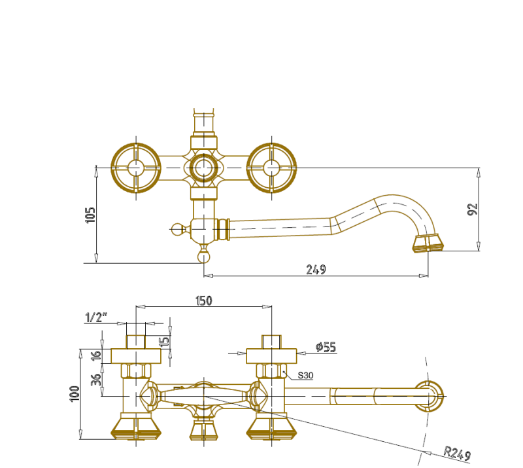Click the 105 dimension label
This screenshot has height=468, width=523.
click(90, 215)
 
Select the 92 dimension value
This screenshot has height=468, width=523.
click(473, 209)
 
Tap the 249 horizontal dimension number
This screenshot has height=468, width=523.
click(316, 270)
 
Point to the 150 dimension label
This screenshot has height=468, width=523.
click(203, 300)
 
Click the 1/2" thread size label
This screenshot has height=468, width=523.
click(96, 317)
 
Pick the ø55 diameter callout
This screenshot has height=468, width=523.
click(326, 347)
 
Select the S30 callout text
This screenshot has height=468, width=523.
click(305, 376)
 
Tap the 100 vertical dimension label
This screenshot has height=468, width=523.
click(75, 394)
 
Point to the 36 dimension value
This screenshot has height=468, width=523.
click(96, 380)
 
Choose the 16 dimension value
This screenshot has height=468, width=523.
click(96, 355)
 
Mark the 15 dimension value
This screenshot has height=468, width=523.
click(164, 342)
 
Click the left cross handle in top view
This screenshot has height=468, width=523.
click(136, 168)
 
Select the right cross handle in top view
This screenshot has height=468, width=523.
click(271, 168)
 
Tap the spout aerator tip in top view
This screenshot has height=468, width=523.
click(428, 243)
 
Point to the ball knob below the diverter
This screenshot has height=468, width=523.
click(203, 257)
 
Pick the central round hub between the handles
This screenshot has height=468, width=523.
click(203, 168)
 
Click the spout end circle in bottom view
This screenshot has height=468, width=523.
click(429, 396)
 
